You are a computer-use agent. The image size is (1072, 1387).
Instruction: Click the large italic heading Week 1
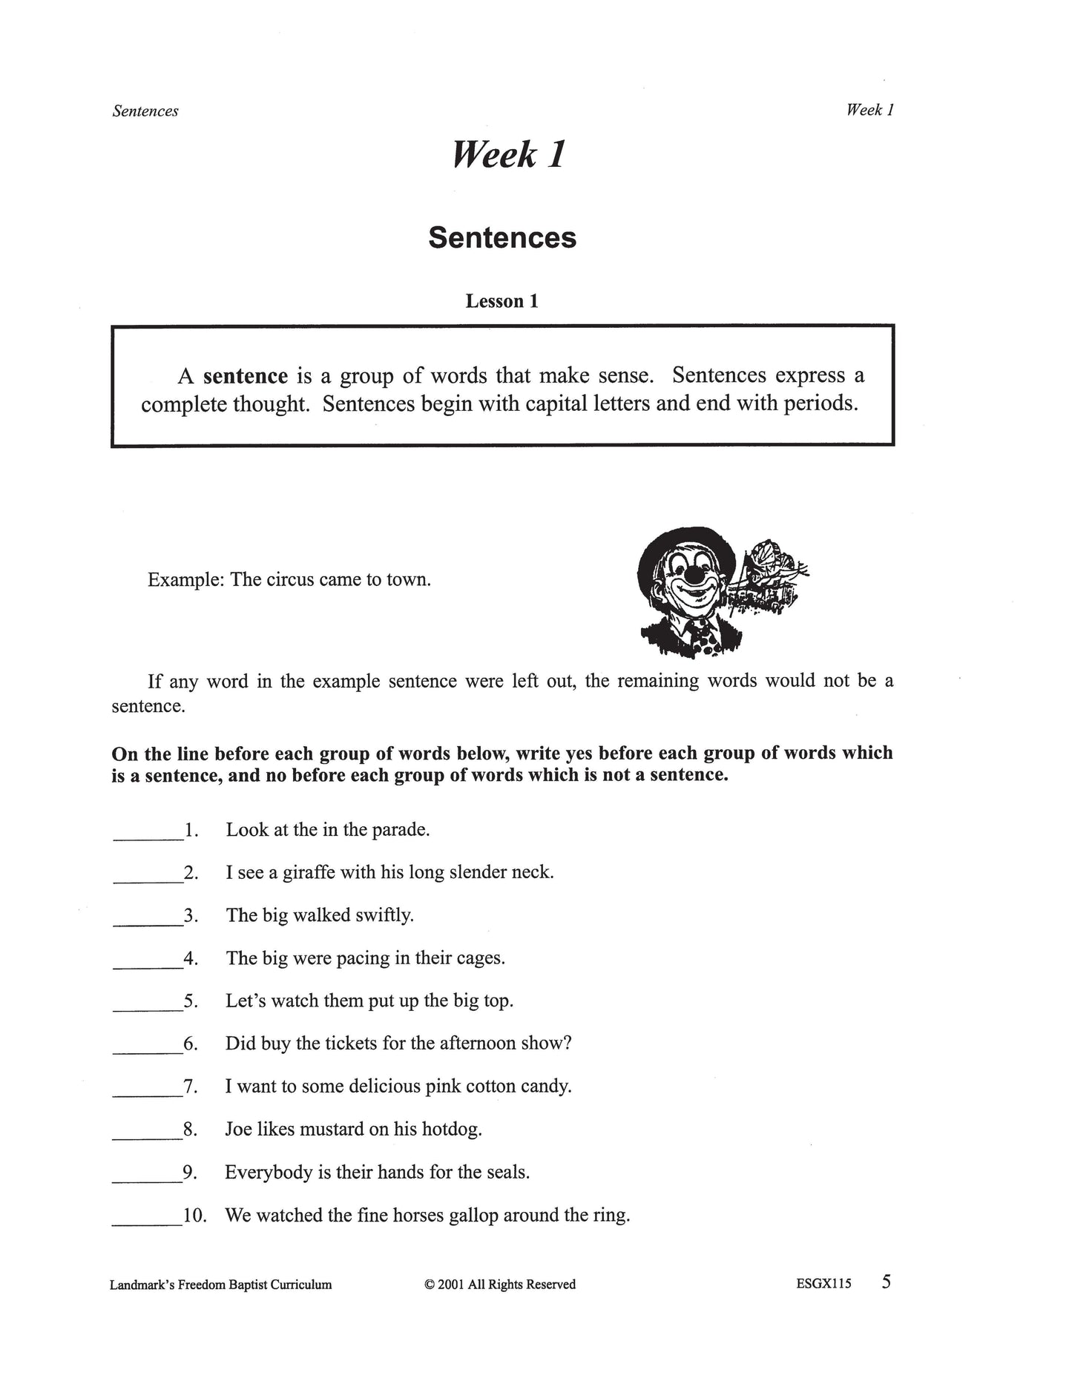[508, 155]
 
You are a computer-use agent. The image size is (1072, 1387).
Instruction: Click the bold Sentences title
[502, 237]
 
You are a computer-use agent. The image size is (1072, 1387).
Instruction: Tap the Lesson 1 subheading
[502, 301]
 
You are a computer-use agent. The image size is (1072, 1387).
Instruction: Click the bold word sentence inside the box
[245, 376]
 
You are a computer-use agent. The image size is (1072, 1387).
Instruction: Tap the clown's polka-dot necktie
[703, 634]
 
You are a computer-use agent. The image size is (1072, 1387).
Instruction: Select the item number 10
[194, 1216]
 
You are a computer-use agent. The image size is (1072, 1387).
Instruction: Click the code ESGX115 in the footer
[823, 1284]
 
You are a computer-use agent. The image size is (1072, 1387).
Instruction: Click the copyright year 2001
[450, 1285]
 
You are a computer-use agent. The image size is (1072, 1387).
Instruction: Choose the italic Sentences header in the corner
[145, 111]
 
